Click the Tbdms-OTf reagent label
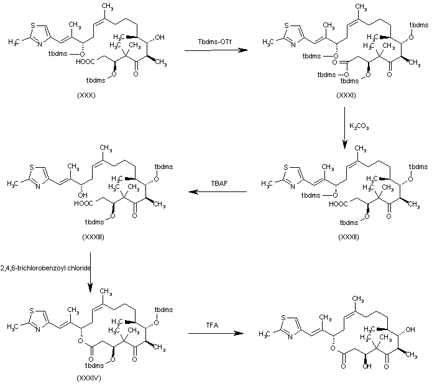coord(214,42)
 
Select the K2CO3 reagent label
coord(359,126)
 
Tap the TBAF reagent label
coord(219,183)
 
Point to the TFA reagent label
coord(212,326)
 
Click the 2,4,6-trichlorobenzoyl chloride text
coord(45,268)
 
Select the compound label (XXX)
coord(86,95)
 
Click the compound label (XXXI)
coord(346,95)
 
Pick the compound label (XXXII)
coord(349,237)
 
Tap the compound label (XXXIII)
coord(93,237)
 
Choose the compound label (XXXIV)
coord(89,379)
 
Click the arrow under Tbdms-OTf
coord(216,50)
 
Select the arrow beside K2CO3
coord(344,128)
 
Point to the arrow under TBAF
coord(218,192)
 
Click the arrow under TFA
coord(216,333)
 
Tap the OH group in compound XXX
coord(160,37)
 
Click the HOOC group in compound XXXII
coord(338,204)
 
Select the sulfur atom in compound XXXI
coord(287,26)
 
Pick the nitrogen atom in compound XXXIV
coord(38,329)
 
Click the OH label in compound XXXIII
coord(83,195)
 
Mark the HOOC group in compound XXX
coord(85,62)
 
